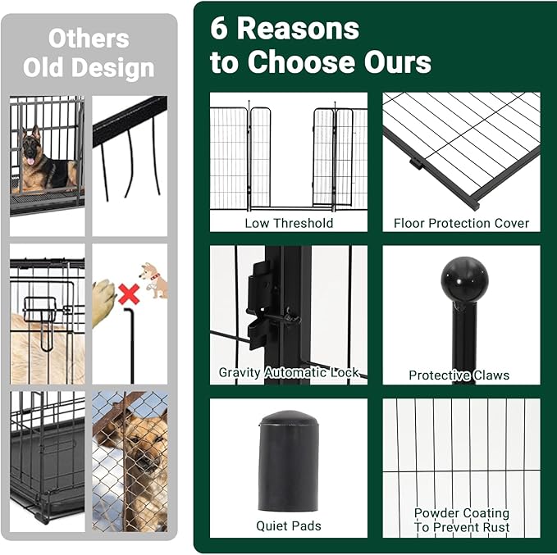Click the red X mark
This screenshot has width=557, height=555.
pos(128,292)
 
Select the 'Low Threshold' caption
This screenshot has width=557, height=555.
pos(289,223)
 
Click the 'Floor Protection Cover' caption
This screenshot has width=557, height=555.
pos(461,223)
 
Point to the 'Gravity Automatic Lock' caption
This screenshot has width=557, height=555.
pos(289,373)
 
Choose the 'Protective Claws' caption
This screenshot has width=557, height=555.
pos(459,375)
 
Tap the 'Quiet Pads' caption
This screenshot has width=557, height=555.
pos(289,526)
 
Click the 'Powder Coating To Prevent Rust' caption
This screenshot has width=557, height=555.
pos(461,520)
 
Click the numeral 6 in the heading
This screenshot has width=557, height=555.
pos(219,29)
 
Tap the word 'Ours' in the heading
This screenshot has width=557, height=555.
pos(392,62)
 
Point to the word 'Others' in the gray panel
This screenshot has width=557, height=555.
pos(89,38)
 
